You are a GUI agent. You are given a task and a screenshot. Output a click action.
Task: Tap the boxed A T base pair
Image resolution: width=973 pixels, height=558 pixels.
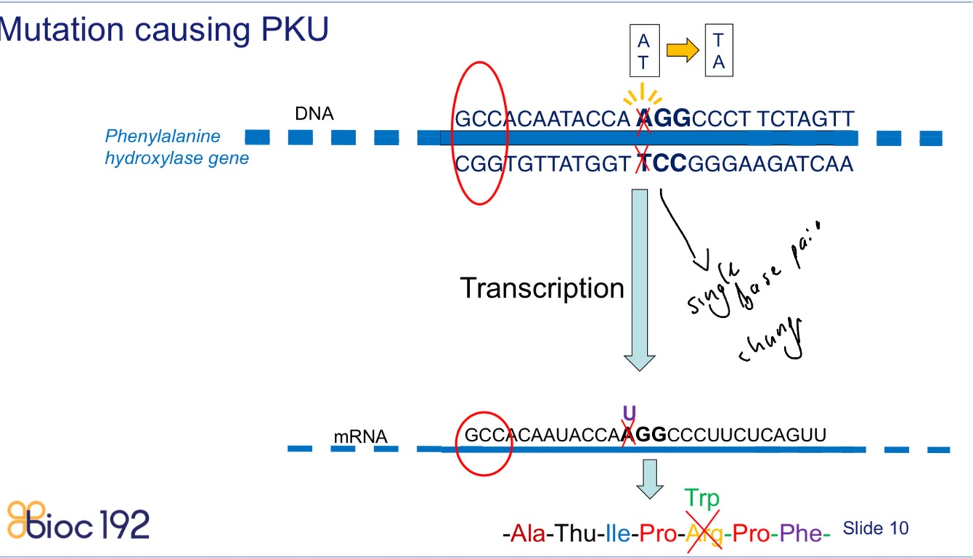643,51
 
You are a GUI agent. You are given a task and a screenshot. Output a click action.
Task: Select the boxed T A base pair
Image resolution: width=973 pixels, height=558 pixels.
718,51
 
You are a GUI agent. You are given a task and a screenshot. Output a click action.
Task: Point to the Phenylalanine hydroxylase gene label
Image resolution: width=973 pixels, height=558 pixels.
177,147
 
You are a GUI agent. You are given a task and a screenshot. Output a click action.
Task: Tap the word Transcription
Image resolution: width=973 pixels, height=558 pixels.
542,289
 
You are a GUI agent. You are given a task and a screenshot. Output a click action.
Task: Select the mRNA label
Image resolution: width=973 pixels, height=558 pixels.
360,437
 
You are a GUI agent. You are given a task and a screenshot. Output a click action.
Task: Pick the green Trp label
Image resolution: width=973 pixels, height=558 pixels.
702,499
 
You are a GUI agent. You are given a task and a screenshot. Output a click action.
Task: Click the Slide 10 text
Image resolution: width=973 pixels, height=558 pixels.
875,528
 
